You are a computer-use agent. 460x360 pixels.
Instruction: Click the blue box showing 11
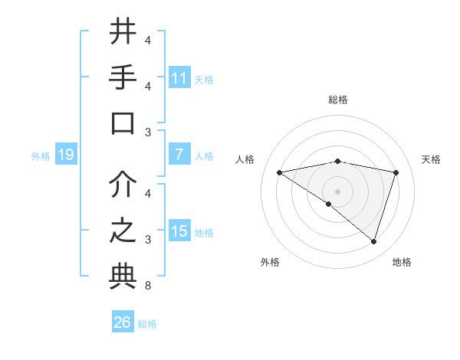[x=179, y=78]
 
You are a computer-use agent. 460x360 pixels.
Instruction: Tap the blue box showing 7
[x=179, y=155]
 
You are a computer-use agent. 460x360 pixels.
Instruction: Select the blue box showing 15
[x=179, y=231]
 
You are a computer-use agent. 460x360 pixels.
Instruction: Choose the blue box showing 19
[x=66, y=155]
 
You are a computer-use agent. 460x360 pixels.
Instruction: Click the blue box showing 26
[x=123, y=322]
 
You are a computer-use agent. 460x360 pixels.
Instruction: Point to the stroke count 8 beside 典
[x=147, y=286]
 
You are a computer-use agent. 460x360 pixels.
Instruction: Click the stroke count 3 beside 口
[x=147, y=133]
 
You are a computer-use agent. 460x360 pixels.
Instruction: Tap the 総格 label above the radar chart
[x=337, y=100]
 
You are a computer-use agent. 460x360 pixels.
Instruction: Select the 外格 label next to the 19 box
[x=41, y=156]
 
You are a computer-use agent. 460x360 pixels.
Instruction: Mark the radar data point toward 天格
[x=396, y=172]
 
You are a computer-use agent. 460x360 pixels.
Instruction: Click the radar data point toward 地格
[x=373, y=241]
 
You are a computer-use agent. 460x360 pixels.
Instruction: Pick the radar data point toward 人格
[x=279, y=172]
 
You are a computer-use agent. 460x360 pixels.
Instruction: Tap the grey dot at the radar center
[x=337, y=191]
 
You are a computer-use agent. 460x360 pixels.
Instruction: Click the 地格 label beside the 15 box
[x=205, y=232]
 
